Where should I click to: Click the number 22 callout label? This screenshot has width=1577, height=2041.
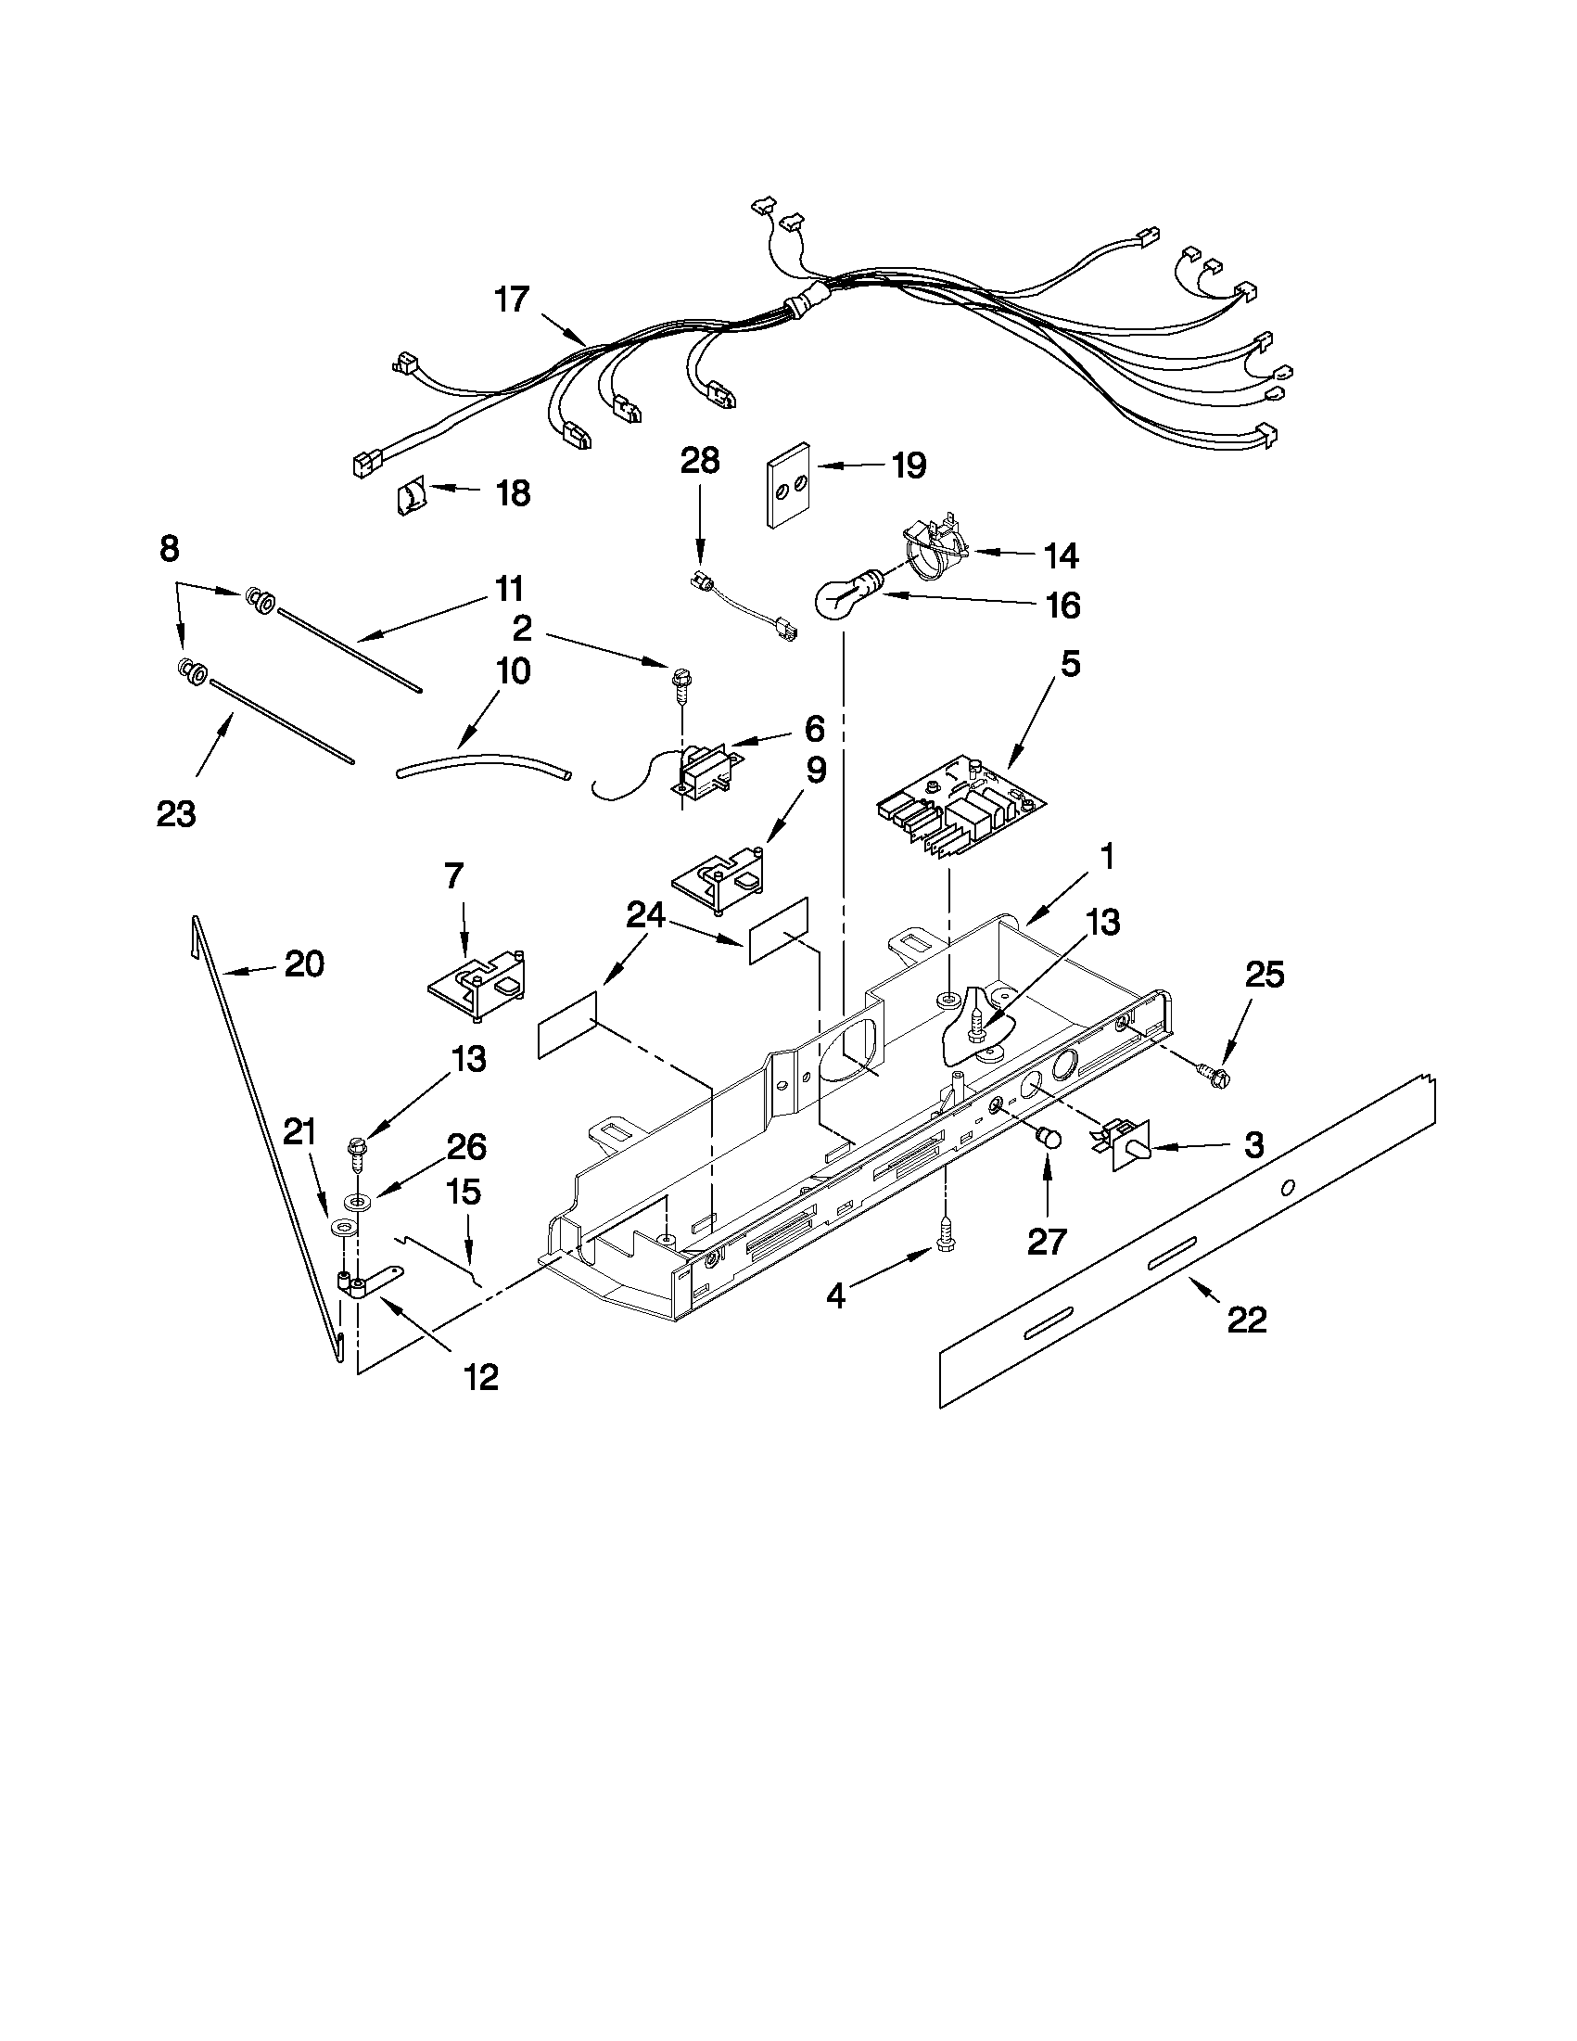(x=1246, y=1320)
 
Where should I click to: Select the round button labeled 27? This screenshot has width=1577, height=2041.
(x=1049, y=1138)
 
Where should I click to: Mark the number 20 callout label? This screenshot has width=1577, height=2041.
(x=305, y=963)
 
